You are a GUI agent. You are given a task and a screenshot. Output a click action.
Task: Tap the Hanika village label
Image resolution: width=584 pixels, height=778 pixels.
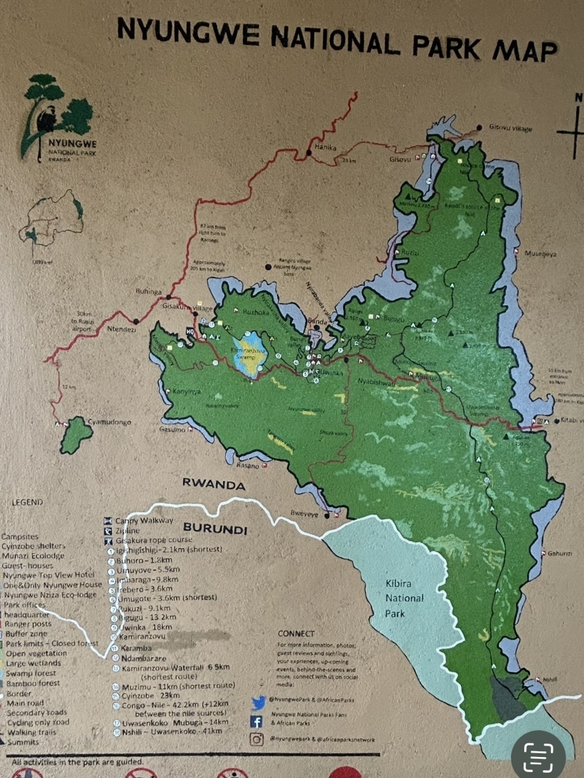point(325,148)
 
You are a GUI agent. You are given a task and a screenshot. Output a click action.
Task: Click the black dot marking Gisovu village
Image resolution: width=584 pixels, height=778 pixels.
point(479,128)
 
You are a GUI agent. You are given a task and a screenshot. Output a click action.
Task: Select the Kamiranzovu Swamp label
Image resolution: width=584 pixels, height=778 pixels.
point(245,353)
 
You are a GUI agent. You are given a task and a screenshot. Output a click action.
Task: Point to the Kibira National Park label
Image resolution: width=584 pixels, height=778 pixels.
point(405,598)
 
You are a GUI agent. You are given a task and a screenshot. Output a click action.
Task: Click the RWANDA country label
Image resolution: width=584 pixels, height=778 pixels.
point(214,483)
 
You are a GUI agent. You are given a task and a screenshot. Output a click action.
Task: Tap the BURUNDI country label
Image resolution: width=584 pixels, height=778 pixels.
point(215,529)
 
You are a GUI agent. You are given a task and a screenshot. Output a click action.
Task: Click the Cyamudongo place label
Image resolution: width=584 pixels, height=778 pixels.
point(109,422)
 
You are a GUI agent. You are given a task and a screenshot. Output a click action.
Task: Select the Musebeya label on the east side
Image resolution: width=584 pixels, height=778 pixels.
point(540,254)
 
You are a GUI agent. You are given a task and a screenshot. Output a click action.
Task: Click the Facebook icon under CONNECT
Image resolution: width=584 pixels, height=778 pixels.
point(256,722)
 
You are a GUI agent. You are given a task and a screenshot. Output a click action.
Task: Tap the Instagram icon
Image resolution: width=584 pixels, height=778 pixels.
point(256,739)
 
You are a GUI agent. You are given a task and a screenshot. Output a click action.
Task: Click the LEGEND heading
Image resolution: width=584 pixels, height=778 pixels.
point(27,502)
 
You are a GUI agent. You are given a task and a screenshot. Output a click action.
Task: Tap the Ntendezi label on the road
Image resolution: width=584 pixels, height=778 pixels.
point(121,329)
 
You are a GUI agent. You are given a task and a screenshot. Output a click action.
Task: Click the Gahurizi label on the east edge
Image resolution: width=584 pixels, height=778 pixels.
point(559,553)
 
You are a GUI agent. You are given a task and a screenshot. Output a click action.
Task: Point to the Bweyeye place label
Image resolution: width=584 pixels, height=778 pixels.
point(304,514)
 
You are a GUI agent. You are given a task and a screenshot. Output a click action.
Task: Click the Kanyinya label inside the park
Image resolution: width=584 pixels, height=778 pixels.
point(187,392)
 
